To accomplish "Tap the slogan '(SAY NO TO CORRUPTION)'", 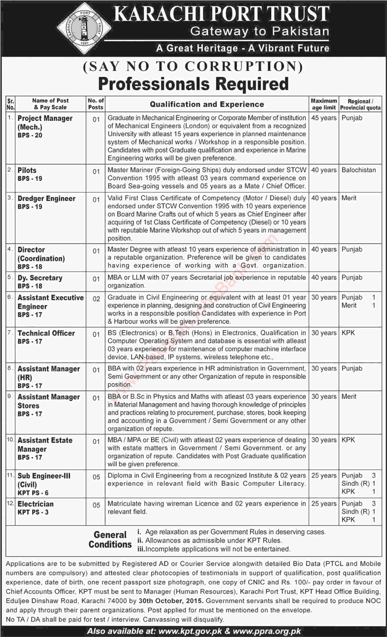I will click(192, 67).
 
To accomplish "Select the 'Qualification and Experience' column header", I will click(207, 104).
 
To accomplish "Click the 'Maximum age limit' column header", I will click(324, 104).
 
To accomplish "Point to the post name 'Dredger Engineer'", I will click(46, 199).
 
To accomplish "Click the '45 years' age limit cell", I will click(324, 118).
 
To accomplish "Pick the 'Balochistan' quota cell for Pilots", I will click(359, 170).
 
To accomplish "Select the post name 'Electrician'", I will click(35, 504).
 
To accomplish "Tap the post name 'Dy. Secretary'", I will click(40, 278).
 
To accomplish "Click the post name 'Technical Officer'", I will click(46, 333).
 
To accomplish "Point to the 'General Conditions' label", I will click(110, 539).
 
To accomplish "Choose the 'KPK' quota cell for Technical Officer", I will click(349, 333).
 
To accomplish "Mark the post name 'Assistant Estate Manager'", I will click(44, 444).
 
